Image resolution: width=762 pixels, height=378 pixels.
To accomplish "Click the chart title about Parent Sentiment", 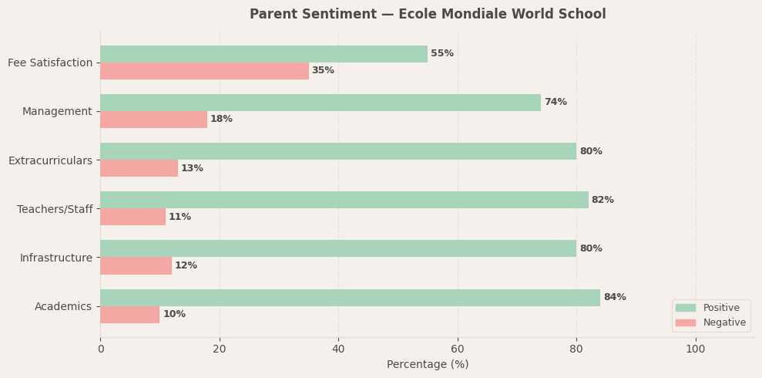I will tap(428, 15).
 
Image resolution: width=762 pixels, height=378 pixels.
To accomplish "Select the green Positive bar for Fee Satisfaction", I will tap(264, 54).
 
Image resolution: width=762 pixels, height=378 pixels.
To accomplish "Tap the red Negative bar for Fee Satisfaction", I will tap(204, 71).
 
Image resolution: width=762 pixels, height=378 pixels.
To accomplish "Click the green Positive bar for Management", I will tap(321, 103).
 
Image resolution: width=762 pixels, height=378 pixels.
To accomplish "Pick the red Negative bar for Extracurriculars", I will tap(139, 168).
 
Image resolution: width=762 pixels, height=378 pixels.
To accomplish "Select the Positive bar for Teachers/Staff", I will tap(344, 200).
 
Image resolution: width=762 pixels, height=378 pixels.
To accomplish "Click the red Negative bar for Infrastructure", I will tap(136, 265).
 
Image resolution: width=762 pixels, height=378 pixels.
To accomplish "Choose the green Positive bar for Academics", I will tap(350, 298).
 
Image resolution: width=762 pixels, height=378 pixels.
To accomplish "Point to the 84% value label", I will tap(615, 298).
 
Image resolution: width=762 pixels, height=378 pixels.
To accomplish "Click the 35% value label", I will tap(323, 71).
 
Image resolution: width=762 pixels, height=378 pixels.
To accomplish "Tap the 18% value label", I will tap(221, 120).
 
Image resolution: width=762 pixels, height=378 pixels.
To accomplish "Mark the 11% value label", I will tap(180, 218).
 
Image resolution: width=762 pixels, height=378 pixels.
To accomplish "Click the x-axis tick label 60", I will tap(458, 349).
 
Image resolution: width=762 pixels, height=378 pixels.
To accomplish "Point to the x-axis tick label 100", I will tap(696, 349).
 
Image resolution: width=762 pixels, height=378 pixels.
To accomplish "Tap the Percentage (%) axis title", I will tap(428, 365).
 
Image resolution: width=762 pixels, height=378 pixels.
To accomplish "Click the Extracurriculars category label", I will tap(50, 160).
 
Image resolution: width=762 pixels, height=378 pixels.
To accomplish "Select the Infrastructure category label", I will tap(56, 258).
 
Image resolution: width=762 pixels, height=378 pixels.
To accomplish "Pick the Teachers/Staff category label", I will tap(55, 209).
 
